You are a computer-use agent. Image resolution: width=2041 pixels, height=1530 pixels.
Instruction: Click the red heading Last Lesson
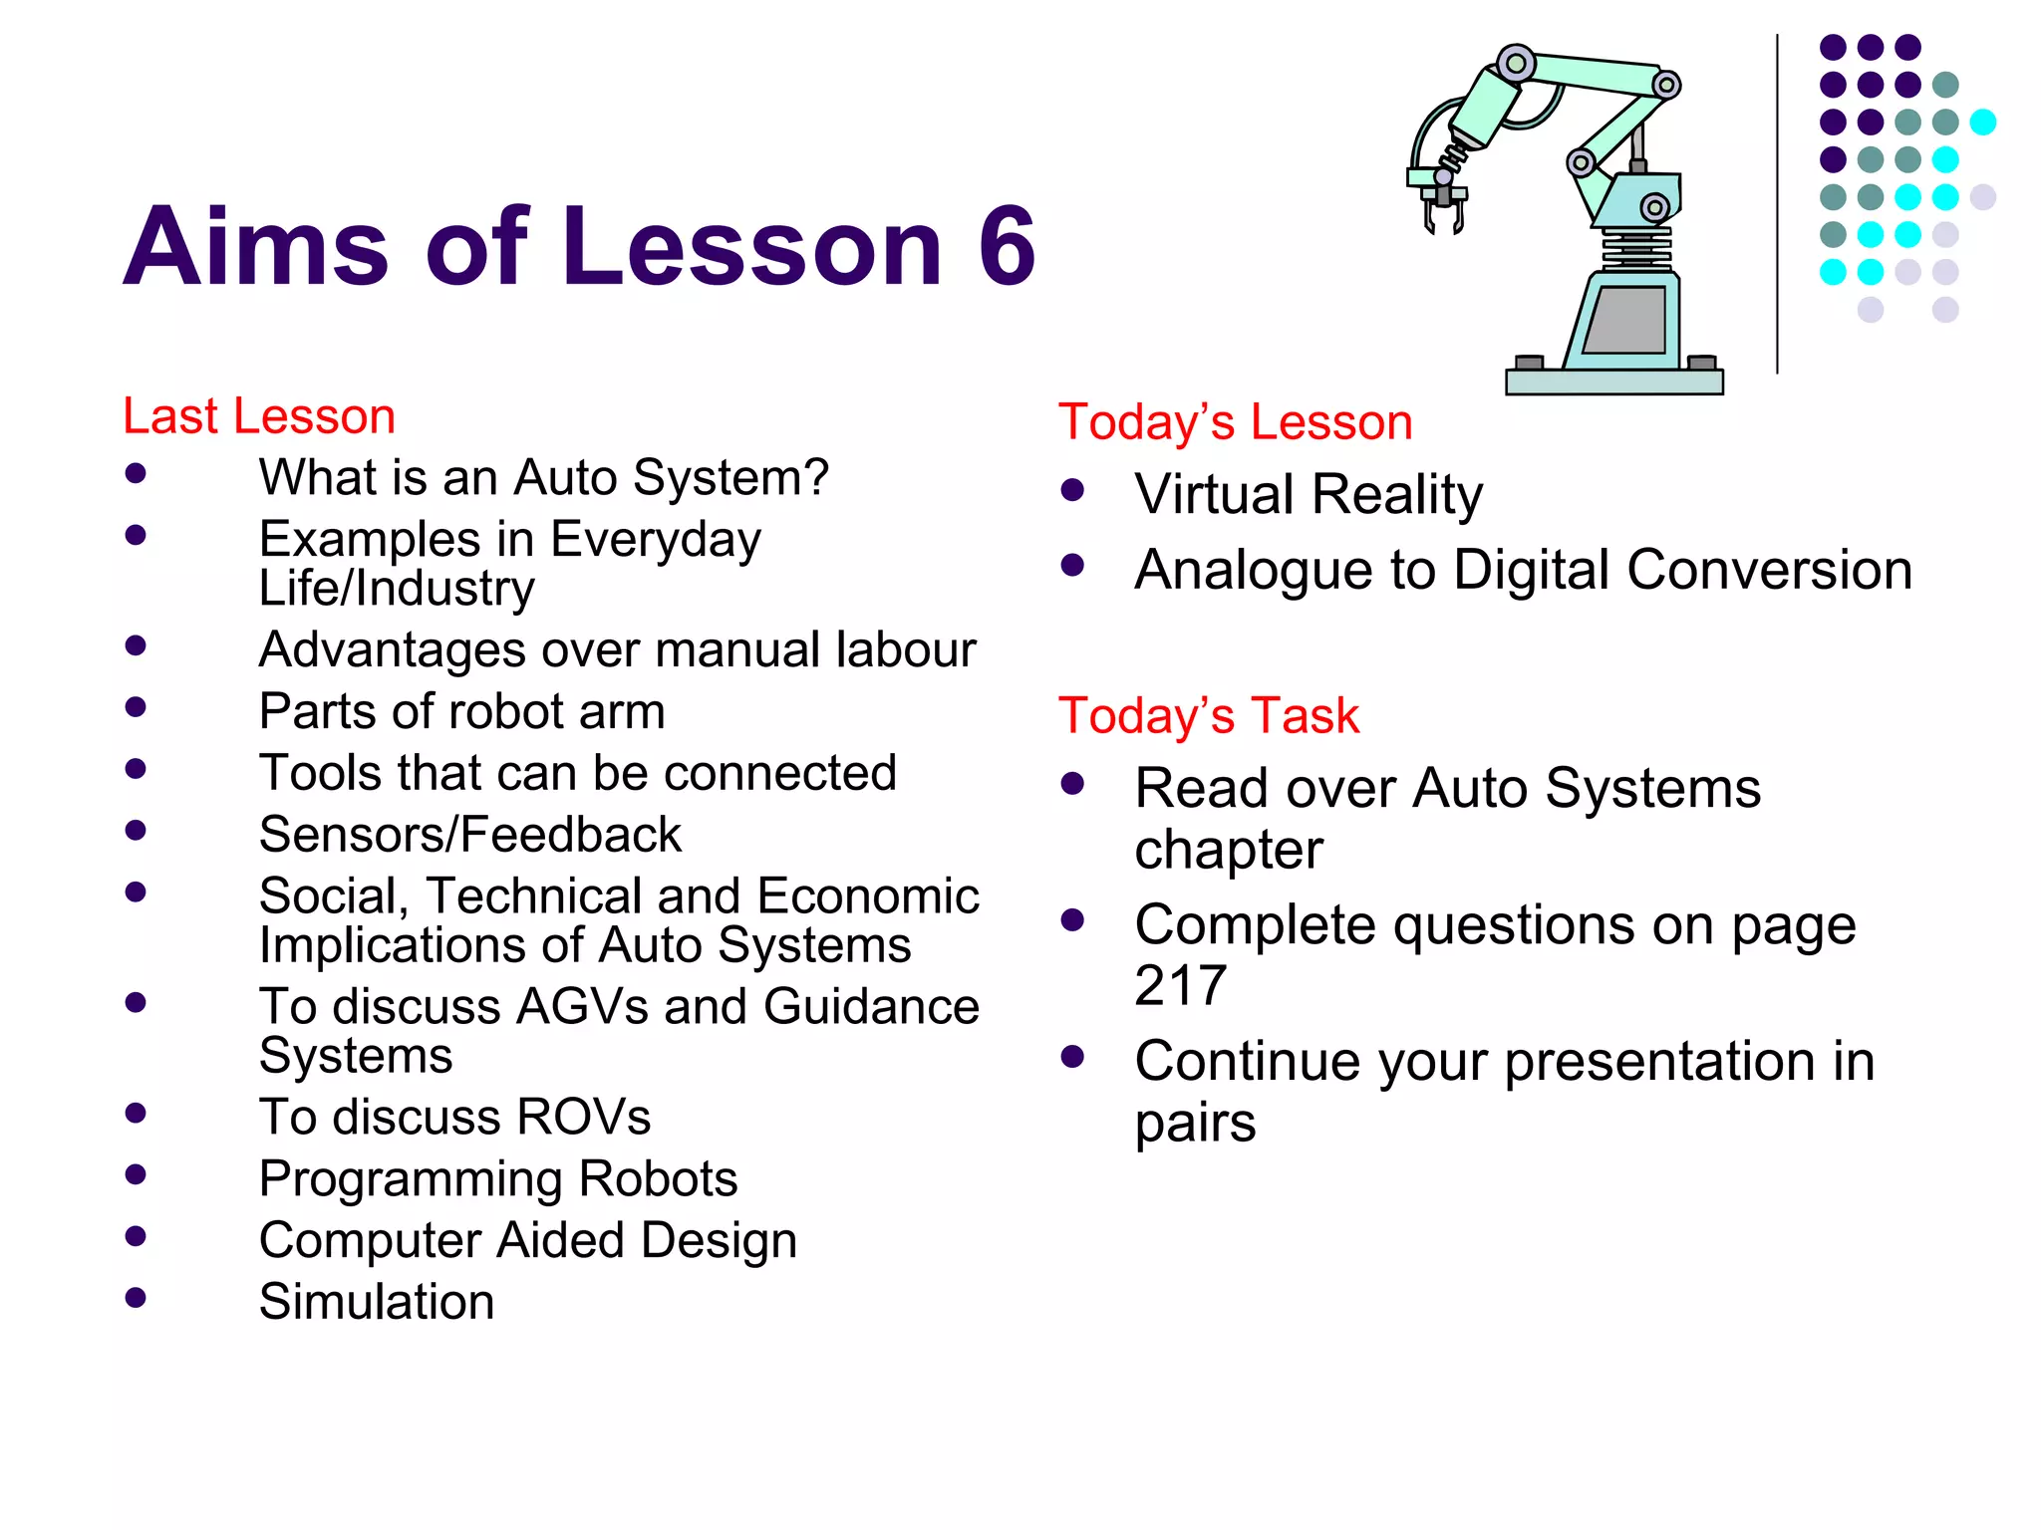pos(258,416)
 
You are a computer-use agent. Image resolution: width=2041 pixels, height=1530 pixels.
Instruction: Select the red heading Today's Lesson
pos(1235,422)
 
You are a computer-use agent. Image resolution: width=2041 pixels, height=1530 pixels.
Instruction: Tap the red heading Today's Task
pos(1208,716)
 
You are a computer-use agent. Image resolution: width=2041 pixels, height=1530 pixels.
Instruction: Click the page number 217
pos(1180,986)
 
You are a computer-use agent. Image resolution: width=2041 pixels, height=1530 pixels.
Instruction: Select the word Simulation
pos(376,1302)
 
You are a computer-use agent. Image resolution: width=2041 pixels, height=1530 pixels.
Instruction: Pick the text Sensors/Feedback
pos(469,835)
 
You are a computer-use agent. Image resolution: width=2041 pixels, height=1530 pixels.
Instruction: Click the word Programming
pos(410,1179)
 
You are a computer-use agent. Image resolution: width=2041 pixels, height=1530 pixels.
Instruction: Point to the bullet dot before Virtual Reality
pos(1072,490)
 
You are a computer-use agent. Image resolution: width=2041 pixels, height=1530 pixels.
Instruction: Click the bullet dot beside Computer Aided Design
pos(137,1236)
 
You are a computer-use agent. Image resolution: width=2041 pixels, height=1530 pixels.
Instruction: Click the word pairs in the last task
pos(1195,1124)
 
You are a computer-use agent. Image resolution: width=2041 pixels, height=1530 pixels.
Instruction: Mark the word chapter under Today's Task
pos(1228,851)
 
